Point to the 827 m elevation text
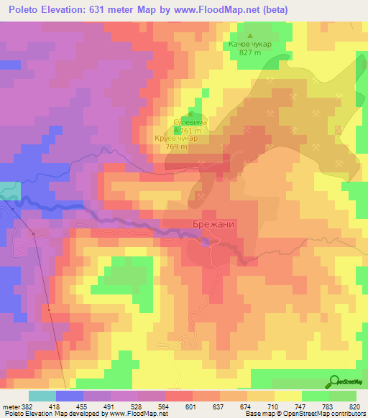tap(250, 53)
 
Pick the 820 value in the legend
tap(354, 407)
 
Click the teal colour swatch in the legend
tap(42, 396)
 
